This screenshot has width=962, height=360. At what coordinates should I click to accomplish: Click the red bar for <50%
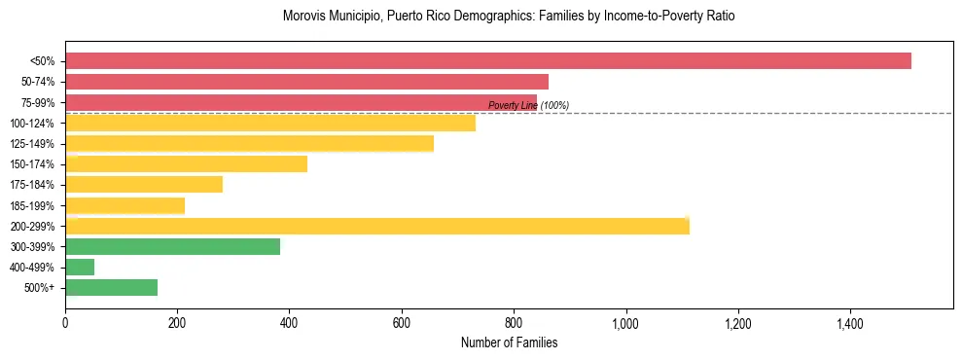click(487, 61)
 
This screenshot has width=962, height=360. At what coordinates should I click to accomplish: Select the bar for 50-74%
click(306, 82)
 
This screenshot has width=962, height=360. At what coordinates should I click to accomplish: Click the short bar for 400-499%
click(80, 267)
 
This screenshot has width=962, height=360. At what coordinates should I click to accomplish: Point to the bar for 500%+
click(111, 287)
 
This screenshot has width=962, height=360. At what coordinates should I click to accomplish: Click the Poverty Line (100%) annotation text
click(528, 105)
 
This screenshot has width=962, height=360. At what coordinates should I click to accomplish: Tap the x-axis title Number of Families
click(509, 342)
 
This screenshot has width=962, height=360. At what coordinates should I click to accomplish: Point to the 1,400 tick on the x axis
click(850, 323)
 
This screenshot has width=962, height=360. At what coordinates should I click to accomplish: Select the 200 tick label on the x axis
click(177, 323)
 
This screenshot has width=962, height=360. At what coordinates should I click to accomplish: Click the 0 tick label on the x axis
click(65, 323)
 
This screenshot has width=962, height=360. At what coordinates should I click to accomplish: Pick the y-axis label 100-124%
click(32, 124)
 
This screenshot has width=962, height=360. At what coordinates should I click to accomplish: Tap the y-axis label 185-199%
click(32, 205)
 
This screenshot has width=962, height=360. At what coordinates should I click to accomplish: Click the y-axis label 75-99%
click(35, 103)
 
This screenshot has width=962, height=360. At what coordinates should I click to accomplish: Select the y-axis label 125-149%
click(32, 144)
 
